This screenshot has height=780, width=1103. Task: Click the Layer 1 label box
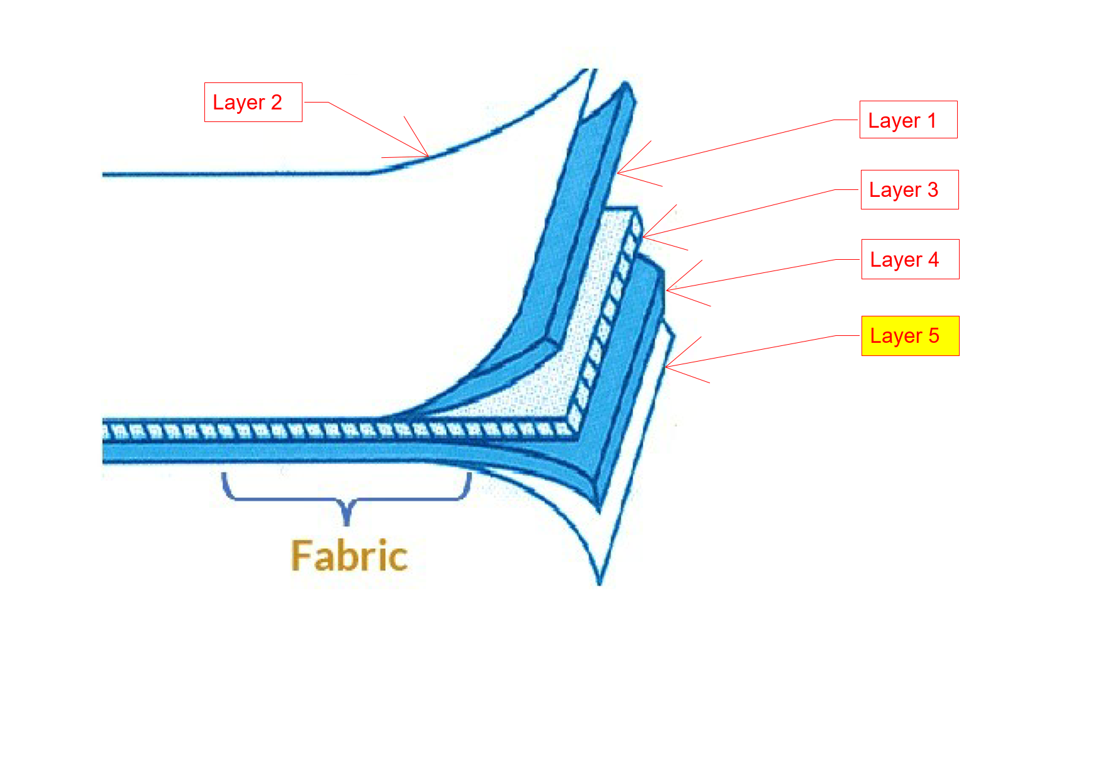[x=908, y=120]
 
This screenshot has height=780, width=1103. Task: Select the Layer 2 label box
[x=253, y=102]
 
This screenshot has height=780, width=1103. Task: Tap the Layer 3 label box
[x=909, y=189]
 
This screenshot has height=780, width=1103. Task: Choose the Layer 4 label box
[x=910, y=259]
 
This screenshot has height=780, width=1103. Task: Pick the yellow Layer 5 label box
[x=910, y=336]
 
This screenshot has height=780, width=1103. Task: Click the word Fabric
[x=349, y=556]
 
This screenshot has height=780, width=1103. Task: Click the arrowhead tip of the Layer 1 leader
[x=618, y=173]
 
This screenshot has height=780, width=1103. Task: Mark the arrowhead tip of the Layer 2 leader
[x=429, y=157]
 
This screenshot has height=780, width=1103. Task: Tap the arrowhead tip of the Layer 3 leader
[x=643, y=237]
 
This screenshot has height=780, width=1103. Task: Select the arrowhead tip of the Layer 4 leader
[x=667, y=291]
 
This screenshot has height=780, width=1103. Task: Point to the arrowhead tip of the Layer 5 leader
[x=666, y=367]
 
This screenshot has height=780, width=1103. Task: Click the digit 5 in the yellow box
[x=934, y=335]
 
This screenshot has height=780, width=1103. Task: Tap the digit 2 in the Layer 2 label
[x=276, y=102]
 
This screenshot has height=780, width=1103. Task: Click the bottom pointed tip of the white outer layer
[x=599, y=584]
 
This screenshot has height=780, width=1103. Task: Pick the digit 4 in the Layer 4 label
[x=933, y=259]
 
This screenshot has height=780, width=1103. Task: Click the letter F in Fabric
[x=301, y=556]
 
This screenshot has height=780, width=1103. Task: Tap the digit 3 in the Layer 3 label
[x=933, y=189]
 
